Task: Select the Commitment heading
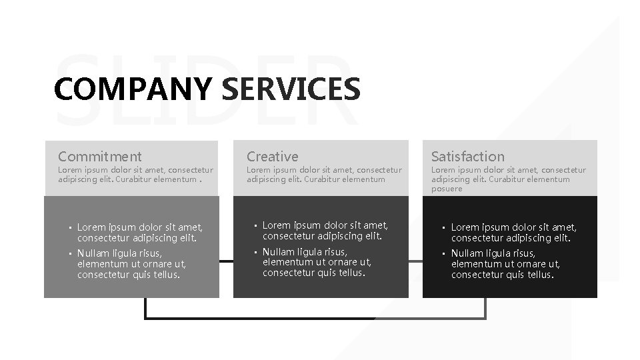(x=99, y=157)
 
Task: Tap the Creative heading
(x=272, y=157)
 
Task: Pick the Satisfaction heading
(x=467, y=157)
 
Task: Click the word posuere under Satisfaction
(x=446, y=189)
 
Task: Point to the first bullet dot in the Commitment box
(x=70, y=228)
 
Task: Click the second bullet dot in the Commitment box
(x=70, y=254)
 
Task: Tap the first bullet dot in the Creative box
(x=255, y=226)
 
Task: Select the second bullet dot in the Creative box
(x=255, y=253)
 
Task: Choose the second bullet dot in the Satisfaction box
(x=443, y=254)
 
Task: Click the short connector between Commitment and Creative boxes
(x=226, y=261)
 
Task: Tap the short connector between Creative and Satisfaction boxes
(x=415, y=261)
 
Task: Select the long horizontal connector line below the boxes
(x=313, y=318)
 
